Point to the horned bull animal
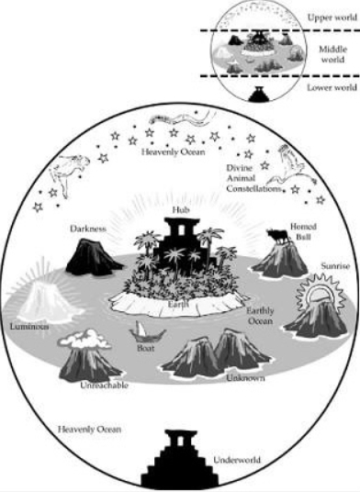click(276, 237)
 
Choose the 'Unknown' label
click(245, 376)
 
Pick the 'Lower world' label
click(329, 88)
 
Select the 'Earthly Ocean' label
click(266, 318)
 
